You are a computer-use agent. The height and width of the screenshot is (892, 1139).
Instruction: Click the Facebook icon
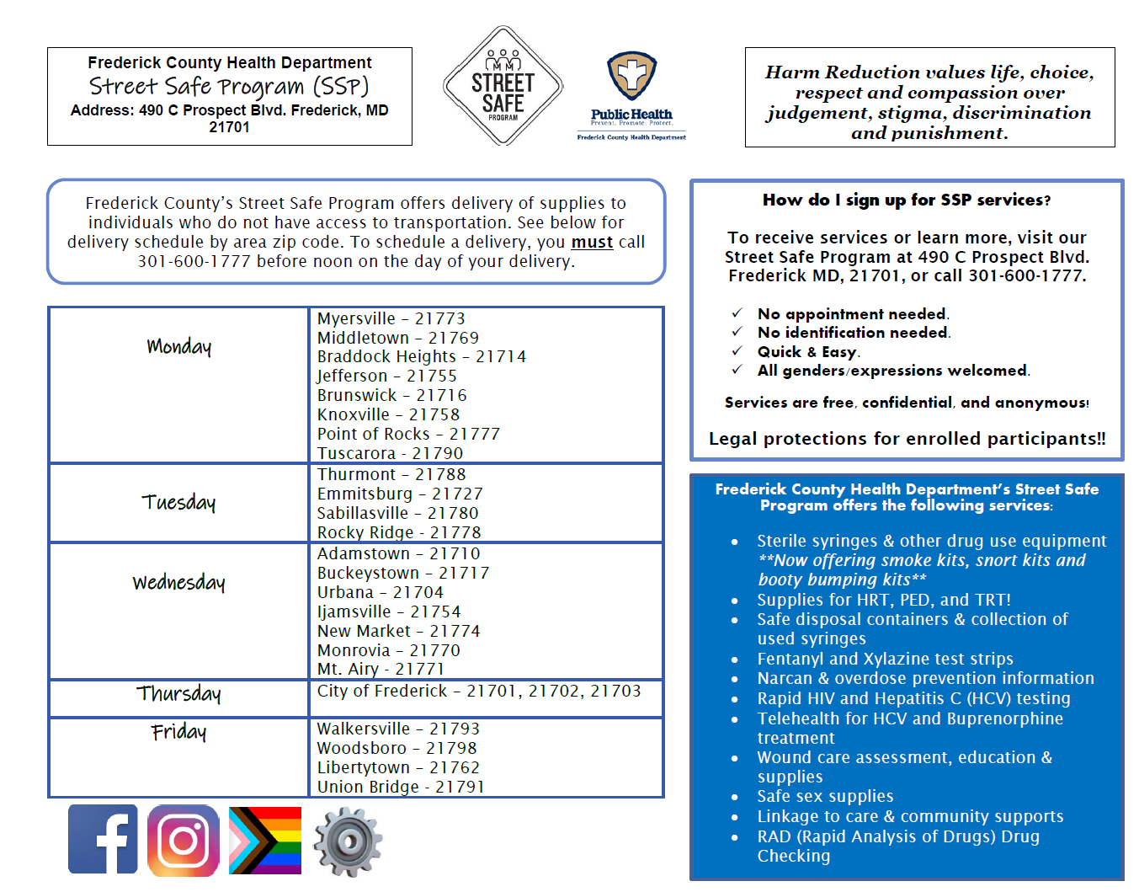103,839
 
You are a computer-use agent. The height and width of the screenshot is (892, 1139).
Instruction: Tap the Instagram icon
184,841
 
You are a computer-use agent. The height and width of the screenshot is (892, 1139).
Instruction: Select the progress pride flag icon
265,841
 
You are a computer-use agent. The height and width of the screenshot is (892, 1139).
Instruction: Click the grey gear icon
348,841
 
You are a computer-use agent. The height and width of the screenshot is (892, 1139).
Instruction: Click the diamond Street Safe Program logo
503,86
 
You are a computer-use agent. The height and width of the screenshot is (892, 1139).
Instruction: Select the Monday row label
178,346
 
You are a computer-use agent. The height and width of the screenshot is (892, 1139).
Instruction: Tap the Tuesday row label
178,502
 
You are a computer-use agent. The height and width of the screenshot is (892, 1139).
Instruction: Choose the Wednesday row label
178,582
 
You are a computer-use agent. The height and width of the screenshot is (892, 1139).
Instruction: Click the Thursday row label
178,693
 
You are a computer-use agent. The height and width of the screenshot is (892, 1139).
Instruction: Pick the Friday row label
178,731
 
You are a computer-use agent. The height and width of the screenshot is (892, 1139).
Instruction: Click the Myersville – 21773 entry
391,318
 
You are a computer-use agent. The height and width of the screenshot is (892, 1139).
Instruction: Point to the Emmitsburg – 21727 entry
400,494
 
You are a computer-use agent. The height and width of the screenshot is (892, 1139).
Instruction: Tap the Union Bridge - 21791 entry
401,787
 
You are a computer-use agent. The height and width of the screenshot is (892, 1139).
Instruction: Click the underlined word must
592,243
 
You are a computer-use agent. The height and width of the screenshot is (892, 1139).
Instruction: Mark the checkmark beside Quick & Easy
737,351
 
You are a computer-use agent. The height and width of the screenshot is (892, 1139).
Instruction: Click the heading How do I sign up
906,200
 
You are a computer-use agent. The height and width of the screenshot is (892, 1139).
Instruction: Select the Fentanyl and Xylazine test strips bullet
885,659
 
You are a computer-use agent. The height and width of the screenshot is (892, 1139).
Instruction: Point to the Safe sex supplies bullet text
825,796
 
